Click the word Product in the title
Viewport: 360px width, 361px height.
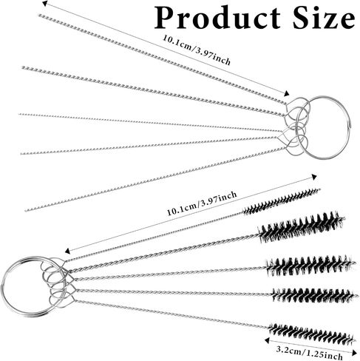click(x=217, y=18)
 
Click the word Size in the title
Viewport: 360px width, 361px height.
click(x=324, y=17)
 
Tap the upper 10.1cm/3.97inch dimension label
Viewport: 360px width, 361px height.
click(x=197, y=50)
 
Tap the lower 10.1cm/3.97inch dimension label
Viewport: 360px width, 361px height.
click(x=202, y=203)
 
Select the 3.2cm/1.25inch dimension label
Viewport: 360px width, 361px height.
click(x=309, y=353)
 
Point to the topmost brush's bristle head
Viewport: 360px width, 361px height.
click(x=282, y=200)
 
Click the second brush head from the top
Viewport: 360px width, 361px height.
click(x=301, y=226)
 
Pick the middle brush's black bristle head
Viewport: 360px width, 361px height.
click(x=311, y=266)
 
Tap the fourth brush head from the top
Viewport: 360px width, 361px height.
click(x=315, y=294)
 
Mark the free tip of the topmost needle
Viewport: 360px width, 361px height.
click(x=39, y=16)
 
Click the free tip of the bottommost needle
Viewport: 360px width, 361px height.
click(x=26, y=210)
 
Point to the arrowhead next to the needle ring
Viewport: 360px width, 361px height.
click(x=287, y=94)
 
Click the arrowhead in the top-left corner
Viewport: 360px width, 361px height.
click(x=44, y=3)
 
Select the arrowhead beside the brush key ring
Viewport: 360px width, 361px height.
click(x=67, y=251)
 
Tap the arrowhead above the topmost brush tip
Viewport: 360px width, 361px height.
click(x=314, y=177)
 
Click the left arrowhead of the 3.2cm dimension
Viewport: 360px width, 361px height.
click(x=267, y=340)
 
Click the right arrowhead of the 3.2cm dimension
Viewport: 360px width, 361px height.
click(x=355, y=353)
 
